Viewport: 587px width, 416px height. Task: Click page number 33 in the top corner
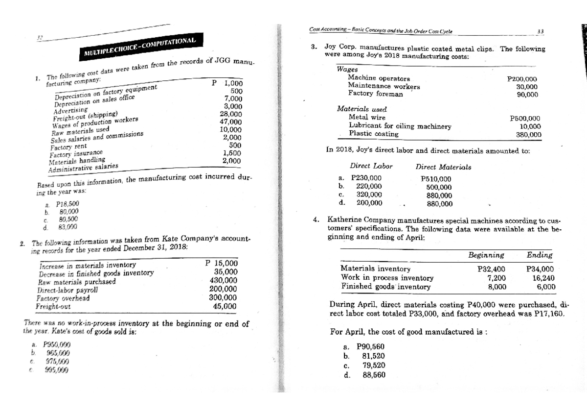click(541, 31)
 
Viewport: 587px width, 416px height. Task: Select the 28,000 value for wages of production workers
click(231, 114)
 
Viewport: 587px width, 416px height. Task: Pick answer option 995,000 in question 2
click(57, 369)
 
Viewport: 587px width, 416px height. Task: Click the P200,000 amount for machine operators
click(523, 79)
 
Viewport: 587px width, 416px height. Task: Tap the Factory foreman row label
click(375, 94)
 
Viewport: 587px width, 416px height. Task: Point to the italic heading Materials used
click(361, 109)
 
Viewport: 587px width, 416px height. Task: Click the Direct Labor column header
click(371, 167)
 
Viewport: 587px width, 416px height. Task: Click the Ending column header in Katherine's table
click(540, 255)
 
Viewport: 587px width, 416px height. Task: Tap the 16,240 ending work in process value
click(543, 277)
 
